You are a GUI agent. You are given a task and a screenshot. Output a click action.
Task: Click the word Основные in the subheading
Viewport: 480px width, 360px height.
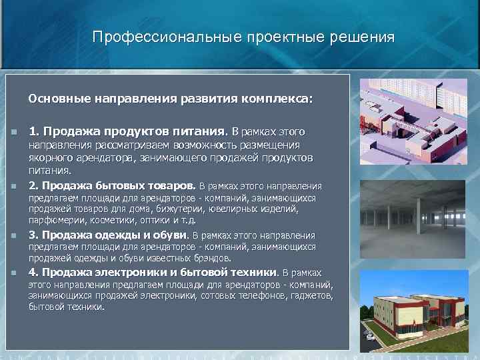59,99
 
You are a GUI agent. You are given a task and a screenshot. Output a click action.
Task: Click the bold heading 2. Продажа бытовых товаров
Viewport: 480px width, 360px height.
113,185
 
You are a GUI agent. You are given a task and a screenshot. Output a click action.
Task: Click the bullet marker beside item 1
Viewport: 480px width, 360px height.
13,132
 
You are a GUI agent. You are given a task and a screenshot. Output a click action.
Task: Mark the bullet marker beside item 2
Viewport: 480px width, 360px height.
13,186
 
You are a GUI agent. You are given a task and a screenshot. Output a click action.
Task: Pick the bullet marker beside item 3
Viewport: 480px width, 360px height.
13,235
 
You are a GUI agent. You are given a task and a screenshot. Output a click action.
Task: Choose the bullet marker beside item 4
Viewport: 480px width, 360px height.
13,273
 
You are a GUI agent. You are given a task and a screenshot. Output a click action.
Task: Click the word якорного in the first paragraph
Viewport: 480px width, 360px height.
49,157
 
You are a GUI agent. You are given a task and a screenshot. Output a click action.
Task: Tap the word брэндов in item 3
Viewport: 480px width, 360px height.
209,257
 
